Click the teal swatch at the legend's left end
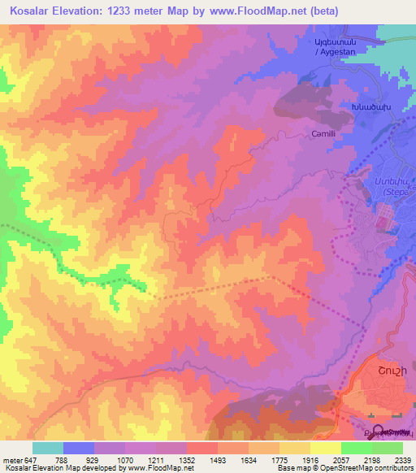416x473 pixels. pos(47,448)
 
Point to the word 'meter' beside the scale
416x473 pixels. pos(12,459)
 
